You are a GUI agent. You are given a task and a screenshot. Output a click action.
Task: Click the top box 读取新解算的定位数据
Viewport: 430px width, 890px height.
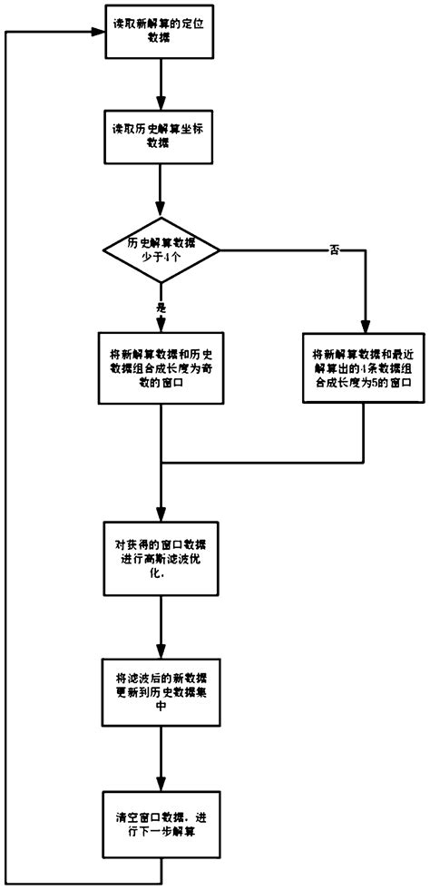coord(161,34)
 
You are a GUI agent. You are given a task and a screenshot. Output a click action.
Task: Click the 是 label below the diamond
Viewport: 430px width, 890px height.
coord(161,308)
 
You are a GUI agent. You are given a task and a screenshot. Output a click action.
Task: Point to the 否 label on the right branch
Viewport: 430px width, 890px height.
coord(334,250)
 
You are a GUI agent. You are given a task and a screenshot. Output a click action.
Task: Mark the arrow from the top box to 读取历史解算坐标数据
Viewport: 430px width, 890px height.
coord(161,86)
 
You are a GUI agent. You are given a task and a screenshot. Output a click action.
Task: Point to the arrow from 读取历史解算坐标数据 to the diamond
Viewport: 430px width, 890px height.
coord(161,191)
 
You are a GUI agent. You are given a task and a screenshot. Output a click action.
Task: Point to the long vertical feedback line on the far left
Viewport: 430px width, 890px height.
coord(6,454)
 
